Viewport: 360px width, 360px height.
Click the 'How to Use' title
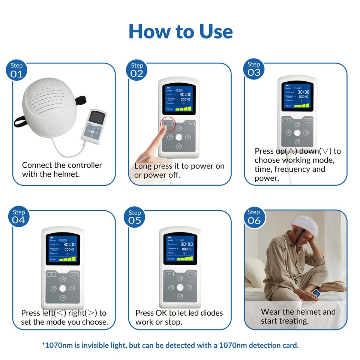coord(180,31)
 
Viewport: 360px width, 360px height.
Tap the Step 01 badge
coord(16,70)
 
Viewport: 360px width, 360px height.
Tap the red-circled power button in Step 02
coord(168,124)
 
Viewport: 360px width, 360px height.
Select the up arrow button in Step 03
coord(297,124)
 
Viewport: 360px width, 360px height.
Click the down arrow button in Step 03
coord(297,141)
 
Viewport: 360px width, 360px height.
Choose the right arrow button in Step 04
coord(72,288)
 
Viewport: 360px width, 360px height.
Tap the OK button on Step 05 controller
coord(191,274)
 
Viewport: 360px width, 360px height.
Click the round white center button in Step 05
coord(180,288)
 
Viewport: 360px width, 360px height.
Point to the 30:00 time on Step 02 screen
coord(184,94)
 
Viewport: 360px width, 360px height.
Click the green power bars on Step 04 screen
coord(67,259)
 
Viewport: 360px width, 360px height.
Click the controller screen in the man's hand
coord(317,294)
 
